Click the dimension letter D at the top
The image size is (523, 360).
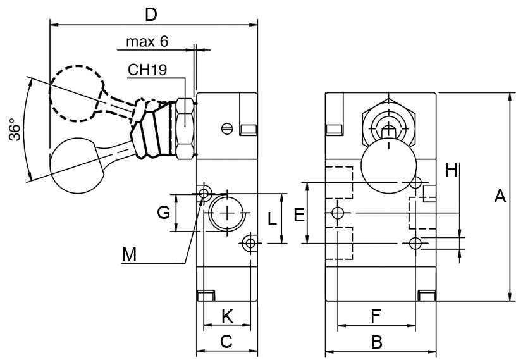tap(151, 15)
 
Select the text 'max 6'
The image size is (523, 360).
tap(147, 41)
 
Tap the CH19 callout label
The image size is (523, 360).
tap(147, 70)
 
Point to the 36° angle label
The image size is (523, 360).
tap(15, 129)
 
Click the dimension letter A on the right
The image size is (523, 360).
tap(500, 196)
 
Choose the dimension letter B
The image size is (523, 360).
tap(376, 342)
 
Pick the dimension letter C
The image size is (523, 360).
tap(226, 342)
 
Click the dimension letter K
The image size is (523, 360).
tap(228, 316)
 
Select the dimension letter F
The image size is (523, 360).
tap(376, 316)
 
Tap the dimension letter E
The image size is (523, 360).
tap(299, 214)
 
